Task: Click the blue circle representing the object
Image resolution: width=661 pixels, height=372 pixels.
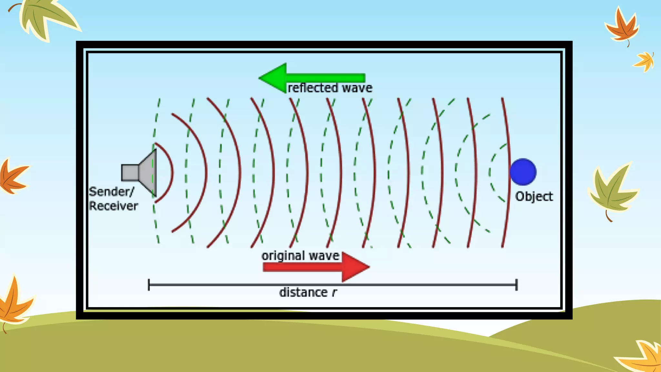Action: coord(523,172)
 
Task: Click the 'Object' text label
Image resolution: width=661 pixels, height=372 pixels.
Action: coord(534,197)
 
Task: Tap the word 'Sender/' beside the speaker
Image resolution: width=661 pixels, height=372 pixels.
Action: coord(111,192)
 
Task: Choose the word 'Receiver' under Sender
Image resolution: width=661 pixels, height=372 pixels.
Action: coord(113,206)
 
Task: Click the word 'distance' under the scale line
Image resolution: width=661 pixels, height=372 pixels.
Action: coord(303,293)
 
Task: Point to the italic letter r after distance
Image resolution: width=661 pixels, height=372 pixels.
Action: coord(334,293)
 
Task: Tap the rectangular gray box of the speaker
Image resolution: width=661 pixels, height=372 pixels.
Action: coord(130,172)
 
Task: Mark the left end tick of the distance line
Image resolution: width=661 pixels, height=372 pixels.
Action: coord(149,285)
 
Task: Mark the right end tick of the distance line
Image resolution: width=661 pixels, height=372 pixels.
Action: coord(516,285)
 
